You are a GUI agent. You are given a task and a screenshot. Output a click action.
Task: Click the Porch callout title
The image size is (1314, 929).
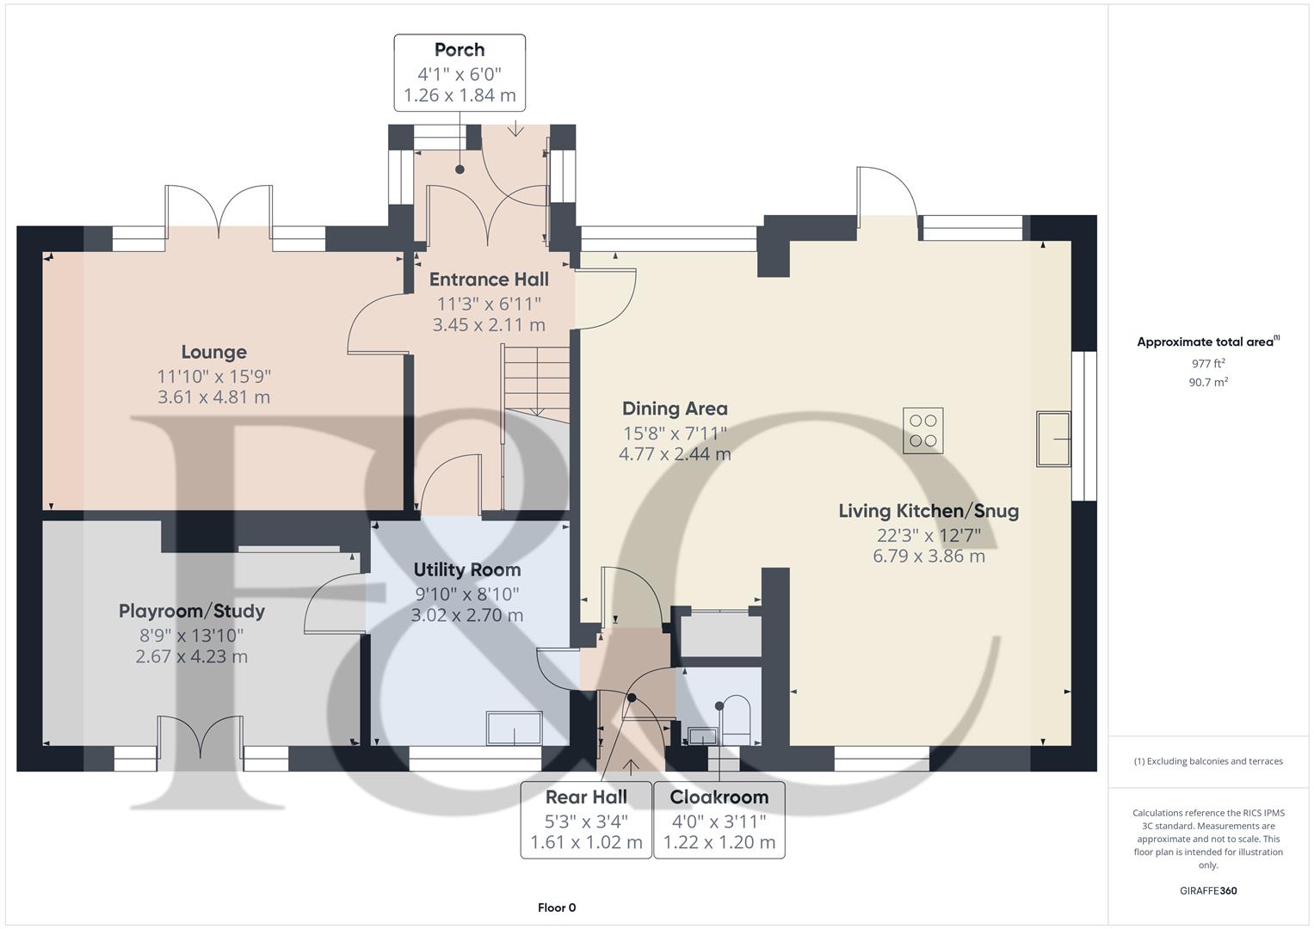pyautogui.click(x=459, y=50)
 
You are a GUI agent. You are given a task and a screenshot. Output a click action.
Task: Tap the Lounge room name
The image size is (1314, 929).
pyautogui.click(x=213, y=352)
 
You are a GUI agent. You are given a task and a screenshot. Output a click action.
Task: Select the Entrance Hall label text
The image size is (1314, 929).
pyautogui.click(x=489, y=280)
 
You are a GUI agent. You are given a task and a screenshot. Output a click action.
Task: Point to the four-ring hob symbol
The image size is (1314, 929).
pyautogui.click(x=923, y=430)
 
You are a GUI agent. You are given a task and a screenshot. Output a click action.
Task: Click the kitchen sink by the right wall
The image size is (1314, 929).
pyautogui.click(x=1053, y=439)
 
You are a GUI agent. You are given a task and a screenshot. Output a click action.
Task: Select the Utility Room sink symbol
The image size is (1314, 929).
pyautogui.click(x=515, y=729)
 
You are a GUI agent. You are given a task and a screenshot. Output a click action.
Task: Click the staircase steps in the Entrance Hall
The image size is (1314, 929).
pyautogui.click(x=536, y=378)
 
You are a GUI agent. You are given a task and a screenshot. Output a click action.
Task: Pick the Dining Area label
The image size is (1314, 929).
pyautogui.click(x=675, y=409)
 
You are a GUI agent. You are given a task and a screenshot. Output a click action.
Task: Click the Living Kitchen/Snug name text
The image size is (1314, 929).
pyautogui.click(x=928, y=511)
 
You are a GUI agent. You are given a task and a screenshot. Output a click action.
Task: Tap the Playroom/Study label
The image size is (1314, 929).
pyautogui.click(x=191, y=612)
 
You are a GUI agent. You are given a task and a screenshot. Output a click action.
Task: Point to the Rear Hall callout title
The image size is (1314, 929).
pyautogui.click(x=586, y=797)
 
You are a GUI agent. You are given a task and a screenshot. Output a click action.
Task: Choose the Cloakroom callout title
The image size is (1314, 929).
pyautogui.click(x=719, y=797)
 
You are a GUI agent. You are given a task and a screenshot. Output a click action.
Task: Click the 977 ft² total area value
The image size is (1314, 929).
pyautogui.click(x=1208, y=363)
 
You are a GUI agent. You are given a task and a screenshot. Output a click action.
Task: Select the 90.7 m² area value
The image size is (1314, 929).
pyautogui.click(x=1208, y=383)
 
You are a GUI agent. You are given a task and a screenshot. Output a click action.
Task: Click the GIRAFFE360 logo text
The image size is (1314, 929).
pyautogui.click(x=1208, y=890)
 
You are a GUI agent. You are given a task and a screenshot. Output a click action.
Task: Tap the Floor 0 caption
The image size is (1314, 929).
pyautogui.click(x=557, y=907)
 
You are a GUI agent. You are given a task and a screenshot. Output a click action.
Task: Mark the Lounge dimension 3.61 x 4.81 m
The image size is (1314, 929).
pyautogui.click(x=213, y=397)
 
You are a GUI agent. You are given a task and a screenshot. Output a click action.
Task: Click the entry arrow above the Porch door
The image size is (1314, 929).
pyautogui.click(x=515, y=130)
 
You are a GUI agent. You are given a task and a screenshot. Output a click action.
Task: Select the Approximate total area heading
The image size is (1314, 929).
pyautogui.click(x=1206, y=342)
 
